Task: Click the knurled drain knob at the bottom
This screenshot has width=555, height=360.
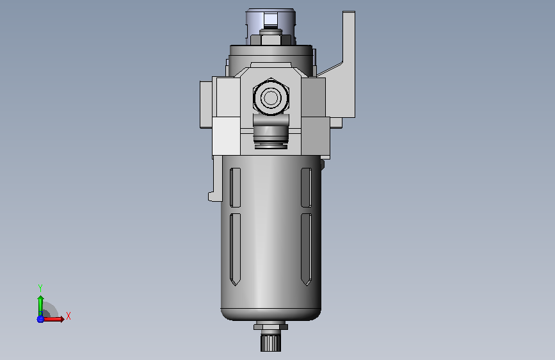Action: point(271,341)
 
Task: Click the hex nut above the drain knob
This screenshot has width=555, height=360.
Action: point(271,325)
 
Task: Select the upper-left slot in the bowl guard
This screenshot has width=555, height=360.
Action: point(236,188)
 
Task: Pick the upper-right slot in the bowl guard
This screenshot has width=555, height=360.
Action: point(306,188)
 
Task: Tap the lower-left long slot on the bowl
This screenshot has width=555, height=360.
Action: point(236,249)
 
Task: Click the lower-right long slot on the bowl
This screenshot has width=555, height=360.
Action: point(306,249)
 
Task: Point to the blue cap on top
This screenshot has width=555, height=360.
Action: point(271,21)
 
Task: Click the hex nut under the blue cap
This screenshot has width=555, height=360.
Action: point(271,37)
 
